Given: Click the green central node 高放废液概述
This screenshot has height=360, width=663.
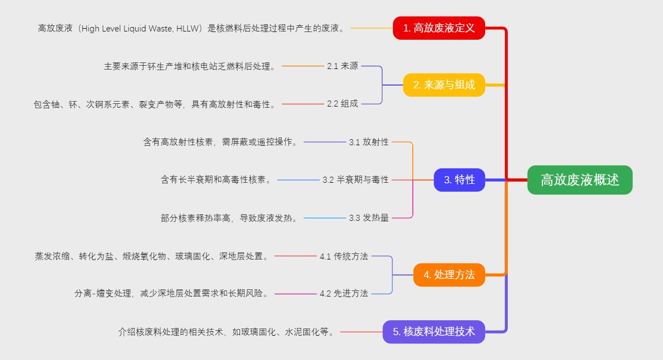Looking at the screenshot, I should [x=580, y=180].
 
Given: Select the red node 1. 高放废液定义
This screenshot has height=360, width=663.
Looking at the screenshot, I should [x=439, y=28].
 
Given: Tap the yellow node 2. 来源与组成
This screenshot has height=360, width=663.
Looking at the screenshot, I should [x=444, y=85].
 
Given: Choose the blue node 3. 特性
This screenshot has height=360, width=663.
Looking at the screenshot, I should [x=459, y=180].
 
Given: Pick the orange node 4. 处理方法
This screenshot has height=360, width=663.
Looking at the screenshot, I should [x=449, y=274].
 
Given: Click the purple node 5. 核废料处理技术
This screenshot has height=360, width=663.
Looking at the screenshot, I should [x=434, y=332].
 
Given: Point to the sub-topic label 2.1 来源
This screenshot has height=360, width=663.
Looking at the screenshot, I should [x=343, y=66].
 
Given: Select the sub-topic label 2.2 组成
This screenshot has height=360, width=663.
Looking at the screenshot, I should [x=343, y=104].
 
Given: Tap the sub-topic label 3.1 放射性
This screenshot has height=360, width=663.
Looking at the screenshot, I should [x=369, y=142].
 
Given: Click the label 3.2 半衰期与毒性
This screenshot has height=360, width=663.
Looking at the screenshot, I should [x=356, y=180].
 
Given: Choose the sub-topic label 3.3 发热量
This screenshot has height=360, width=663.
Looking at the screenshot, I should [x=369, y=218].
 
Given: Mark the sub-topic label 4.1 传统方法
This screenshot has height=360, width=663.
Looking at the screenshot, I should [x=344, y=256].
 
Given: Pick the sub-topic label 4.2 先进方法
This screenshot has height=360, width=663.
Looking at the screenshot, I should [x=344, y=294].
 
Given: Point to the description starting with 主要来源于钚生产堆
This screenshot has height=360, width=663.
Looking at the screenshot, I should [x=190, y=66].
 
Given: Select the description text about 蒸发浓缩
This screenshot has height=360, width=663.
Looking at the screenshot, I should [x=152, y=256].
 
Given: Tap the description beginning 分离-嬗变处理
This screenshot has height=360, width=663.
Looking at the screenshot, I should [x=172, y=294].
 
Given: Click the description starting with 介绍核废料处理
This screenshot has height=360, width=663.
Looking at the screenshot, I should [x=226, y=332].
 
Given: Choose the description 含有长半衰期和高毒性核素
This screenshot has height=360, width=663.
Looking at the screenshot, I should [x=216, y=180].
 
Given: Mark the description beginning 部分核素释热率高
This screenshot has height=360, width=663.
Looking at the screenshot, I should [x=229, y=218].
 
